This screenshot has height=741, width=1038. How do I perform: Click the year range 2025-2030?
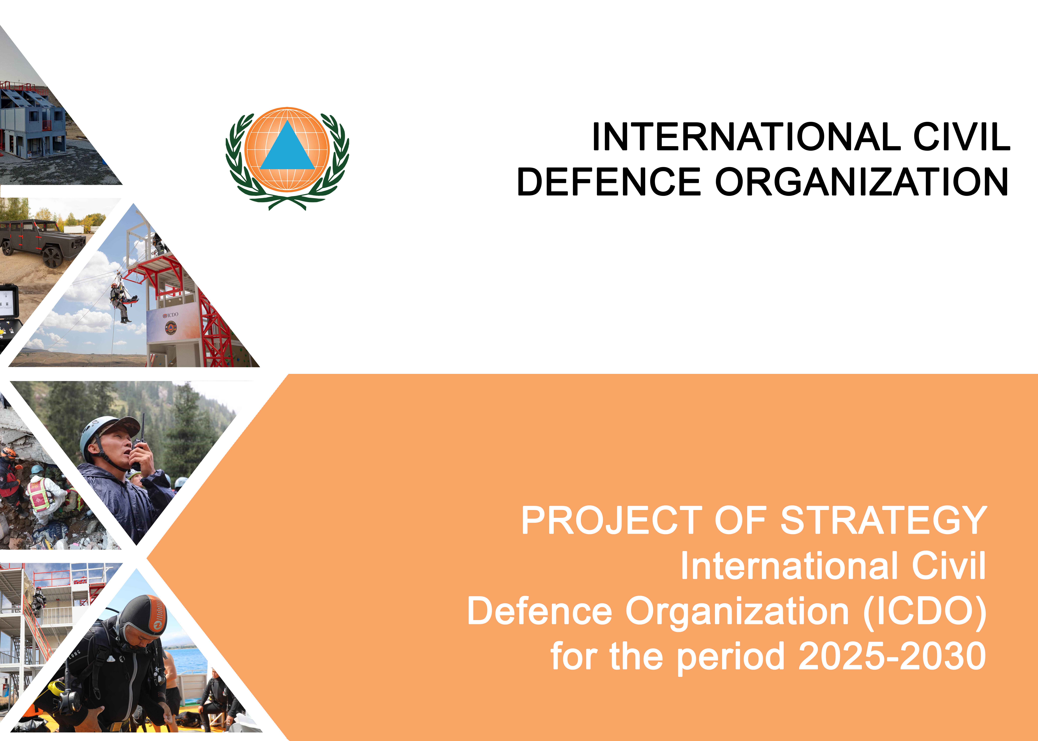pyautogui.click(x=892, y=656)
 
